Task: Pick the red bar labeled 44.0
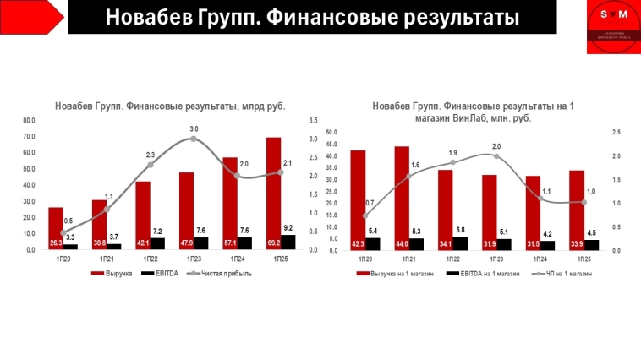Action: [x=402, y=198]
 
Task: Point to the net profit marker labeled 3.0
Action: [x=194, y=138]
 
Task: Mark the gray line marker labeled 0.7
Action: [x=365, y=215]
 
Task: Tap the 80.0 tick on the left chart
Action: [x=30, y=120]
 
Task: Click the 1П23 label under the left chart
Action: [x=188, y=259]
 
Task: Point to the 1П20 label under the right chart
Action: [x=365, y=259]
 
